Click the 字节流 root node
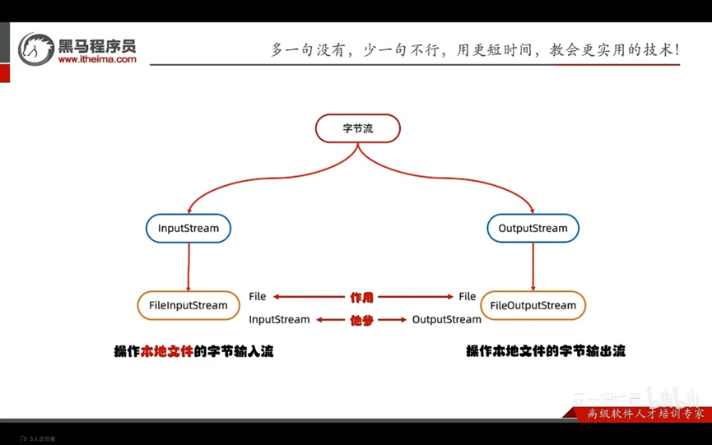click(x=358, y=128)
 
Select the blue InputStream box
click(x=188, y=228)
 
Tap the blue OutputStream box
click(x=533, y=228)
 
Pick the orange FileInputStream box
click(x=188, y=305)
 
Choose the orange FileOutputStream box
click(x=533, y=305)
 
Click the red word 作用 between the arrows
click(x=361, y=297)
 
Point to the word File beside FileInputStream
click(x=258, y=296)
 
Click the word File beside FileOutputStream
click(x=468, y=296)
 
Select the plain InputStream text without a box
click(x=279, y=319)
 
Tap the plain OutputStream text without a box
click(x=446, y=319)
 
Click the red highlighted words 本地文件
click(x=167, y=351)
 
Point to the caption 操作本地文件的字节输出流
click(x=546, y=351)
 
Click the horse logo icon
click(x=35, y=49)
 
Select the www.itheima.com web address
click(x=97, y=59)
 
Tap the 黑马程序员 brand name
click(x=97, y=44)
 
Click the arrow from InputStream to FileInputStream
click(x=188, y=267)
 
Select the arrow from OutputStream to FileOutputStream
click(x=533, y=267)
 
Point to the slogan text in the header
click(x=475, y=49)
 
